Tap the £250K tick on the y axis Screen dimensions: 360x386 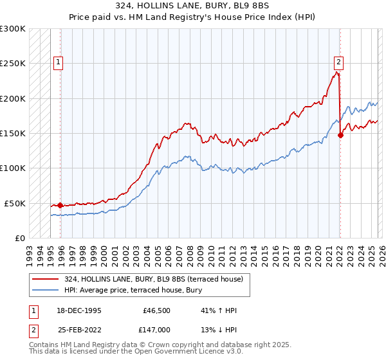(13, 64)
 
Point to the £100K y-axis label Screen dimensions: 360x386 (13, 168)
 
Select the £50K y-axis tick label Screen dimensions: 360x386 (15, 203)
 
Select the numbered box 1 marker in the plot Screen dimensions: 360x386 (58, 62)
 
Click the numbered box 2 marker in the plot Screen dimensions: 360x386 (338, 62)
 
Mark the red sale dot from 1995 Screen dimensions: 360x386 (60, 206)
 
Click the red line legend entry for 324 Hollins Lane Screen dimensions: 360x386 (153, 278)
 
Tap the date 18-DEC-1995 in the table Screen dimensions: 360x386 (79, 310)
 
